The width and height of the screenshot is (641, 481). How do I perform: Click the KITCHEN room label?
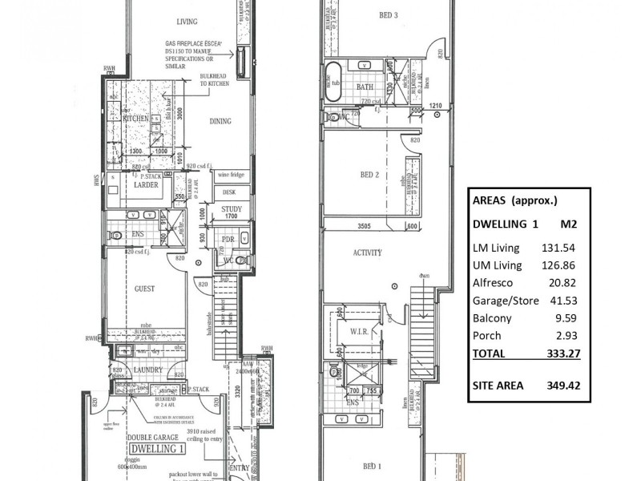coord(137,118)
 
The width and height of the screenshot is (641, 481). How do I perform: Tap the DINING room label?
coord(220,122)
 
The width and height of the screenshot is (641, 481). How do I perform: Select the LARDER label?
coord(147,184)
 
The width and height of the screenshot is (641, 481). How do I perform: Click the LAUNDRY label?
coord(149,370)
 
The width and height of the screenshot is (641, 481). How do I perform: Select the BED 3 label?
coord(387,14)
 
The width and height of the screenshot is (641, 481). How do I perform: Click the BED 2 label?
coord(369,174)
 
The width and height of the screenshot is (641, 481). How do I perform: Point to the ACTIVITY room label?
coord(369,253)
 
